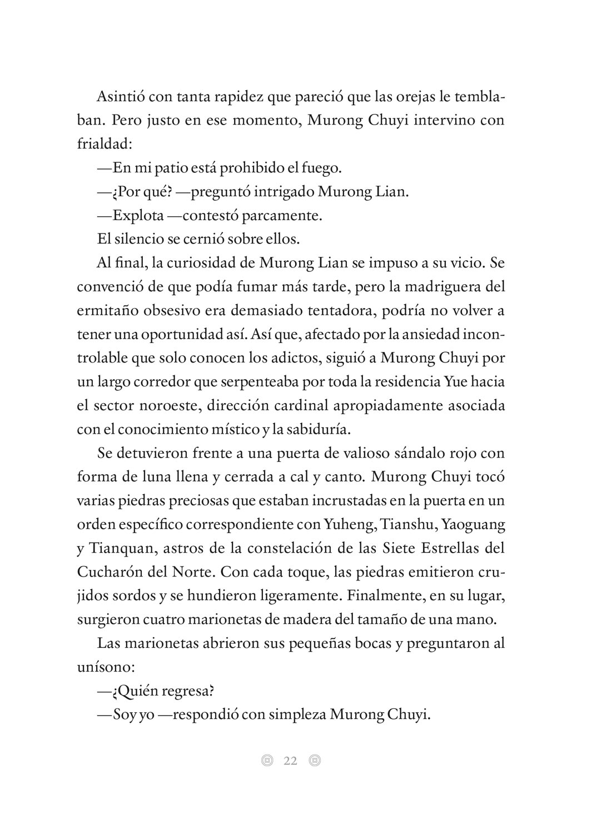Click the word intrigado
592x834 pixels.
pyautogui.click(x=283, y=192)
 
